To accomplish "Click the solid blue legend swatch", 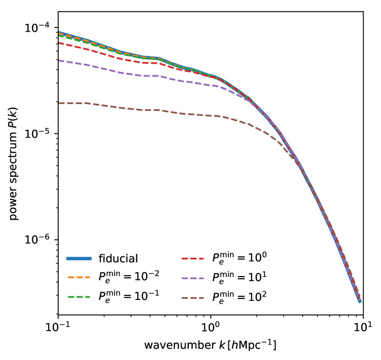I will pos(79,259).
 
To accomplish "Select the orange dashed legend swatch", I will pos(79,277).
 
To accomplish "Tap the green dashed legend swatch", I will pos(79,297).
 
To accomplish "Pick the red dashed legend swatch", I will pos(193,259).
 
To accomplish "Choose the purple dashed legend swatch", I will pos(193,278).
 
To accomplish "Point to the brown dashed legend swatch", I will pos(193,298).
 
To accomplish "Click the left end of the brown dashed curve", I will pos(60,103).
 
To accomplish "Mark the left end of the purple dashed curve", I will pos(60,61).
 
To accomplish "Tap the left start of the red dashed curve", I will pos(60,43).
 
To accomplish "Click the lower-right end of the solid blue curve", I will pos(360,302).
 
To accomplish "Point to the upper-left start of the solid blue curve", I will pos(60,32).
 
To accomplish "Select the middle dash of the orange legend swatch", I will pos(79,277).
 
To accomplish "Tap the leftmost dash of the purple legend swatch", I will pos(185,278).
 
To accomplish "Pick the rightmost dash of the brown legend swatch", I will pos(200,298).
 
